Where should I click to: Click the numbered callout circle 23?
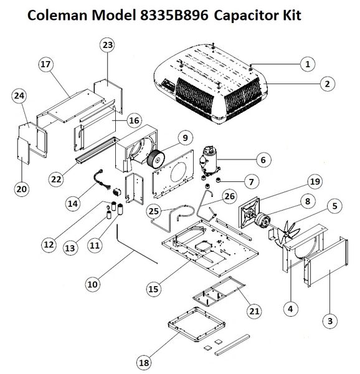[x=108, y=45]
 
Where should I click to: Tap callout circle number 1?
[x=308, y=64]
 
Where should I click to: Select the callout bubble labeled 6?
[x=263, y=160]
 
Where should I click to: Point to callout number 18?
[x=144, y=363]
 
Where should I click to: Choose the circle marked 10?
[x=92, y=284]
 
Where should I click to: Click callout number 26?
[x=230, y=196]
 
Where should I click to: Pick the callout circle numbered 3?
[x=330, y=321]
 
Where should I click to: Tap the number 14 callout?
[x=73, y=203]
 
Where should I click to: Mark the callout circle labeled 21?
[x=254, y=311]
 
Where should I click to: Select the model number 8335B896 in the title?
[x=174, y=16]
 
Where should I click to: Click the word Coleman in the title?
[x=58, y=16]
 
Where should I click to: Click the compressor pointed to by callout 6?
[x=209, y=161]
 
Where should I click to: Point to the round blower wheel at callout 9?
[x=156, y=159]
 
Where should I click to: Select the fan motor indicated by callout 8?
[x=262, y=219]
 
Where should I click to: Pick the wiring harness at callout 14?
[x=102, y=180]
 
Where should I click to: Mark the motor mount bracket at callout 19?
[x=250, y=212]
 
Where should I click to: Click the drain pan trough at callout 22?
[x=97, y=151]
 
